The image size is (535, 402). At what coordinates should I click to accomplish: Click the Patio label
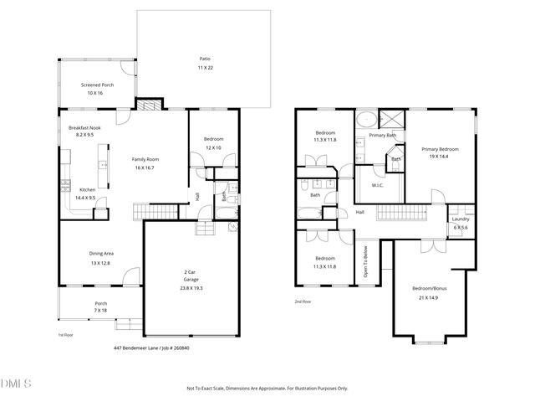pyautogui.click(x=205, y=59)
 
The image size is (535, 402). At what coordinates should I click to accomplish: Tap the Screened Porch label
pyautogui.click(x=97, y=85)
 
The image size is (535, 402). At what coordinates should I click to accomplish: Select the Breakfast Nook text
pyautogui.click(x=84, y=127)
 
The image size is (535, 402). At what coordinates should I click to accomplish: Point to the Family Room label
pyautogui.click(x=145, y=159)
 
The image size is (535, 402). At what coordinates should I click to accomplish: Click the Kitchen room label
pyautogui.click(x=87, y=189)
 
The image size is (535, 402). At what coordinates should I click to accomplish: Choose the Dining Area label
pyautogui.click(x=102, y=253)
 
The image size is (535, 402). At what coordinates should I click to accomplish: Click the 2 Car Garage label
pyautogui.click(x=191, y=276)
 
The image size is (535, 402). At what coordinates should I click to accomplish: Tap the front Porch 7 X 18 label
pyautogui.click(x=100, y=304)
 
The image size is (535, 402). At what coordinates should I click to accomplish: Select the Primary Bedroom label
pyautogui.click(x=439, y=149)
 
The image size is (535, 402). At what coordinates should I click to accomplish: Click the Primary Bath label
pyautogui.click(x=383, y=135)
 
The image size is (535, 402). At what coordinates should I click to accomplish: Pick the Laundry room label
pyautogui.click(x=461, y=219)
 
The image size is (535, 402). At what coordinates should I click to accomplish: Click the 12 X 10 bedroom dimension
pyautogui.click(x=214, y=147)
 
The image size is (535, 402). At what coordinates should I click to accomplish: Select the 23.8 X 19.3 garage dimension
pyautogui.click(x=191, y=288)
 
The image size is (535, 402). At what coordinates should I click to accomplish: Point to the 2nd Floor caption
pyautogui.click(x=303, y=301)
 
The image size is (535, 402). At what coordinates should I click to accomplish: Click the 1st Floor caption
pyautogui.click(x=65, y=335)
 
